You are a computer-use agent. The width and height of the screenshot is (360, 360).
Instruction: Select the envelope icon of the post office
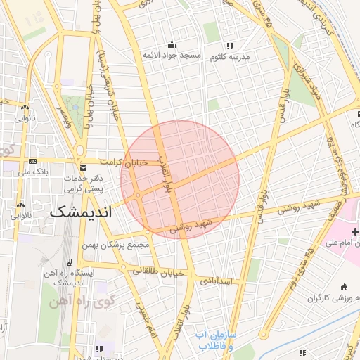click(84, 168)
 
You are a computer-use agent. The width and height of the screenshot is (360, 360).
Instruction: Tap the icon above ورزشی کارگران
click(344, 286)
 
